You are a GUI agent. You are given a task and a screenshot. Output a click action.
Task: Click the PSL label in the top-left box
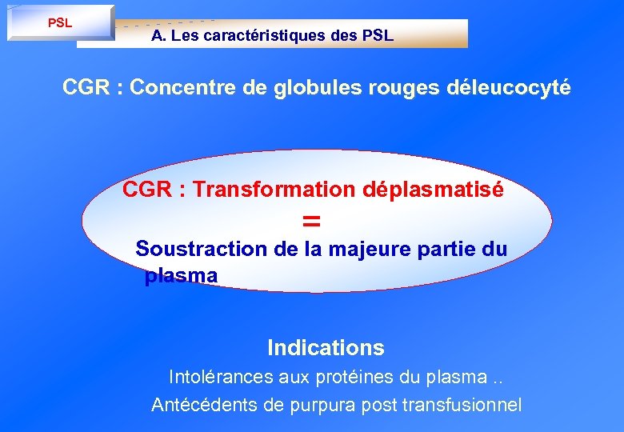(x=60, y=22)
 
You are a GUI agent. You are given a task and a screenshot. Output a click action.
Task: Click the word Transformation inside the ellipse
(x=276, y=190)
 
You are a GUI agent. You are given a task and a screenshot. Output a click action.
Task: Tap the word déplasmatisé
(x=434, y=190)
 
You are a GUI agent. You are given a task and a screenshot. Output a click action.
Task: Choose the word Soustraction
(x=202, y=249)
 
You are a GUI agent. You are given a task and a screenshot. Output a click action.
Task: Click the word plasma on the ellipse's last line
(x=181, y=276)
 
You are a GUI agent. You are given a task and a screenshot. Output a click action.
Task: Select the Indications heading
(x=326, y=348)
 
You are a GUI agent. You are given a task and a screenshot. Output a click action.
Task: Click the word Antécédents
(x=204, y=405)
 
